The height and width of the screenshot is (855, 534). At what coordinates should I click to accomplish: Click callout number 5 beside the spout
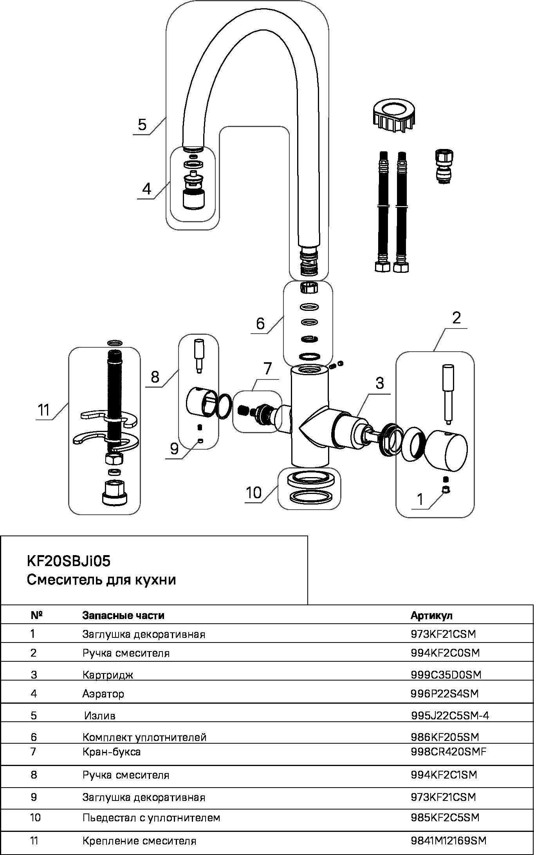142,125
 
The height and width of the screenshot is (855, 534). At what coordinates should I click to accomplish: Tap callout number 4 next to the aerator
146,189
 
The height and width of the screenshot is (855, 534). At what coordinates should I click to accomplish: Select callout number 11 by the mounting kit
44,410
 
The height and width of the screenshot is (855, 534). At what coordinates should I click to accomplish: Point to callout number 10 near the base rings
254,492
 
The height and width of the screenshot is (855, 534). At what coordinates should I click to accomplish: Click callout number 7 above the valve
267,369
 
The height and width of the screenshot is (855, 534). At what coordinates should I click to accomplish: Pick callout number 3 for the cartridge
380,383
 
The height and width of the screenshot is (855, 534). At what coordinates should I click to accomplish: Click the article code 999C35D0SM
446,674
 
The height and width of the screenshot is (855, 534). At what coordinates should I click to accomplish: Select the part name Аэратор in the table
103,693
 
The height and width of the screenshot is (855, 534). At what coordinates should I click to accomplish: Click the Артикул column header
431,615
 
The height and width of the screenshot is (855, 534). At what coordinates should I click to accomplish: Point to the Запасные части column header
123,615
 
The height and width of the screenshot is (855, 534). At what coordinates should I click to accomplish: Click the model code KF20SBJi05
69,561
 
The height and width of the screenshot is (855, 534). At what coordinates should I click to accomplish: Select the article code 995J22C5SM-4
450,716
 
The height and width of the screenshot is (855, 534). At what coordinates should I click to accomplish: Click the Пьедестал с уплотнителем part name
151,818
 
